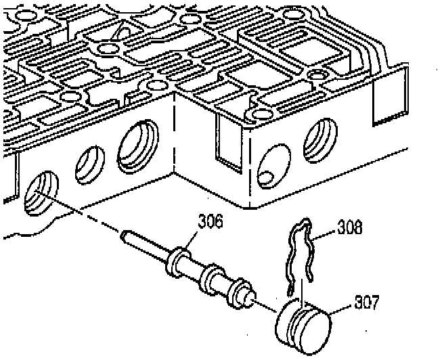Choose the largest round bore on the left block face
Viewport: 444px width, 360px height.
[139, 145]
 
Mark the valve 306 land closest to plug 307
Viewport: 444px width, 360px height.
[238, 292]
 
